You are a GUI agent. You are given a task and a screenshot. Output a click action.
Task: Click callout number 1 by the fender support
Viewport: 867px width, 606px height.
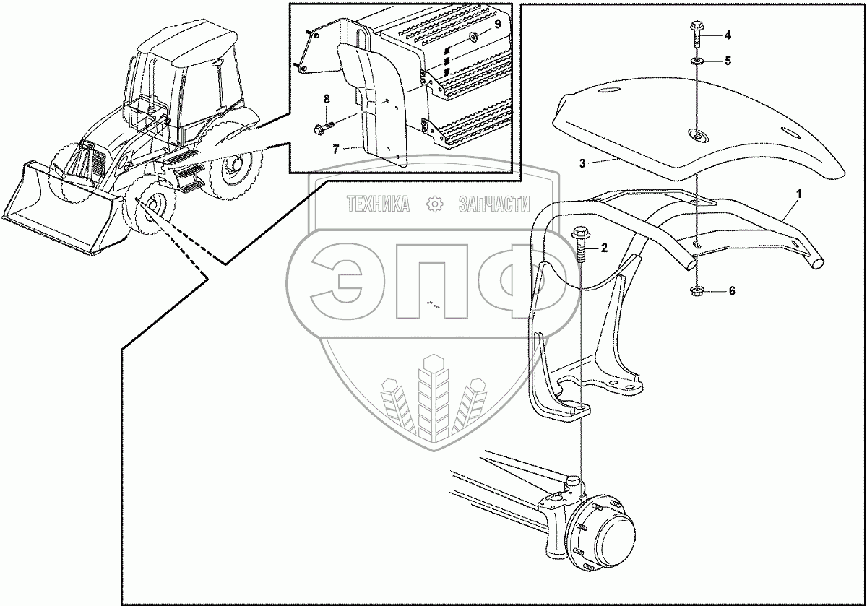coord(798,194)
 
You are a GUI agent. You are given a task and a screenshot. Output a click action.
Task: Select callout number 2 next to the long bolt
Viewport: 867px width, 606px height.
coord(605,248)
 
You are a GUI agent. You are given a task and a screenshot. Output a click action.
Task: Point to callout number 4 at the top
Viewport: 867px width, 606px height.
coord(728,34)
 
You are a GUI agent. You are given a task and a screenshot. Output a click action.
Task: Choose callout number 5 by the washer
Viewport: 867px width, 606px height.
coord(728,61)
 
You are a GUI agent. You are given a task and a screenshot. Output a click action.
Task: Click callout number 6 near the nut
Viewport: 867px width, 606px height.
coord(731,291)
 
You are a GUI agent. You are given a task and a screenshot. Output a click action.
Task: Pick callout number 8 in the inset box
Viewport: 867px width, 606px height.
coord(326,98)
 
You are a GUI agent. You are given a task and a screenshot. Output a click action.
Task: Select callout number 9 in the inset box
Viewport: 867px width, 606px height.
coord(496,25)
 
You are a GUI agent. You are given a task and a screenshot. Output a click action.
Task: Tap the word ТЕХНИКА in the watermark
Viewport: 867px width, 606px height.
coord(378,206)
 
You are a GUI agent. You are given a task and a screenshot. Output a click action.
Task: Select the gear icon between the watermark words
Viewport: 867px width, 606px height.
coord(435,205)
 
